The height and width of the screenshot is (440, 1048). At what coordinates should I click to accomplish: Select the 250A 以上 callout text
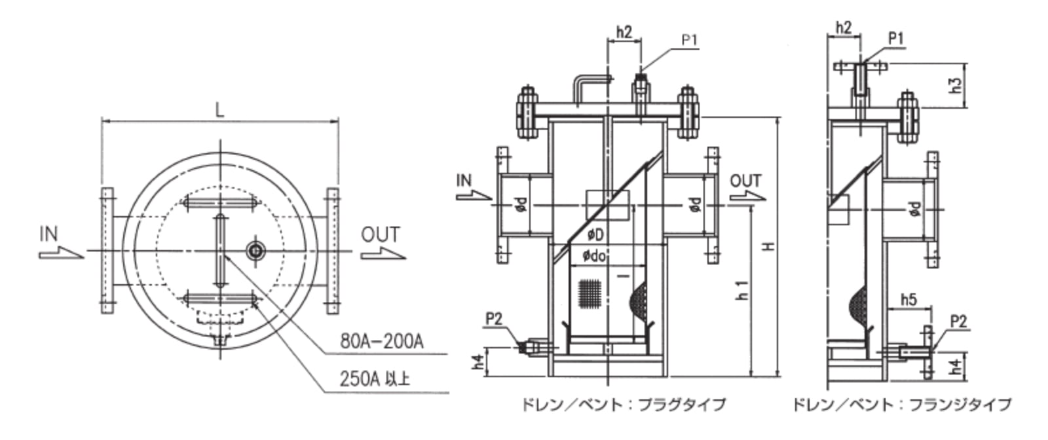point(375,378)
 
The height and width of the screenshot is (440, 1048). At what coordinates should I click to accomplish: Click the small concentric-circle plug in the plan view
point(255,250)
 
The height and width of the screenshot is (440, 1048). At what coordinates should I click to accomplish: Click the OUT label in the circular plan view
point(380,234)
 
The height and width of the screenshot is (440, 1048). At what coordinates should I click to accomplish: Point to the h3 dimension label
point(957,85)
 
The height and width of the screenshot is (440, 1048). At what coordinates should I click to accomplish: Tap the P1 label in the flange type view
point(895,39)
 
